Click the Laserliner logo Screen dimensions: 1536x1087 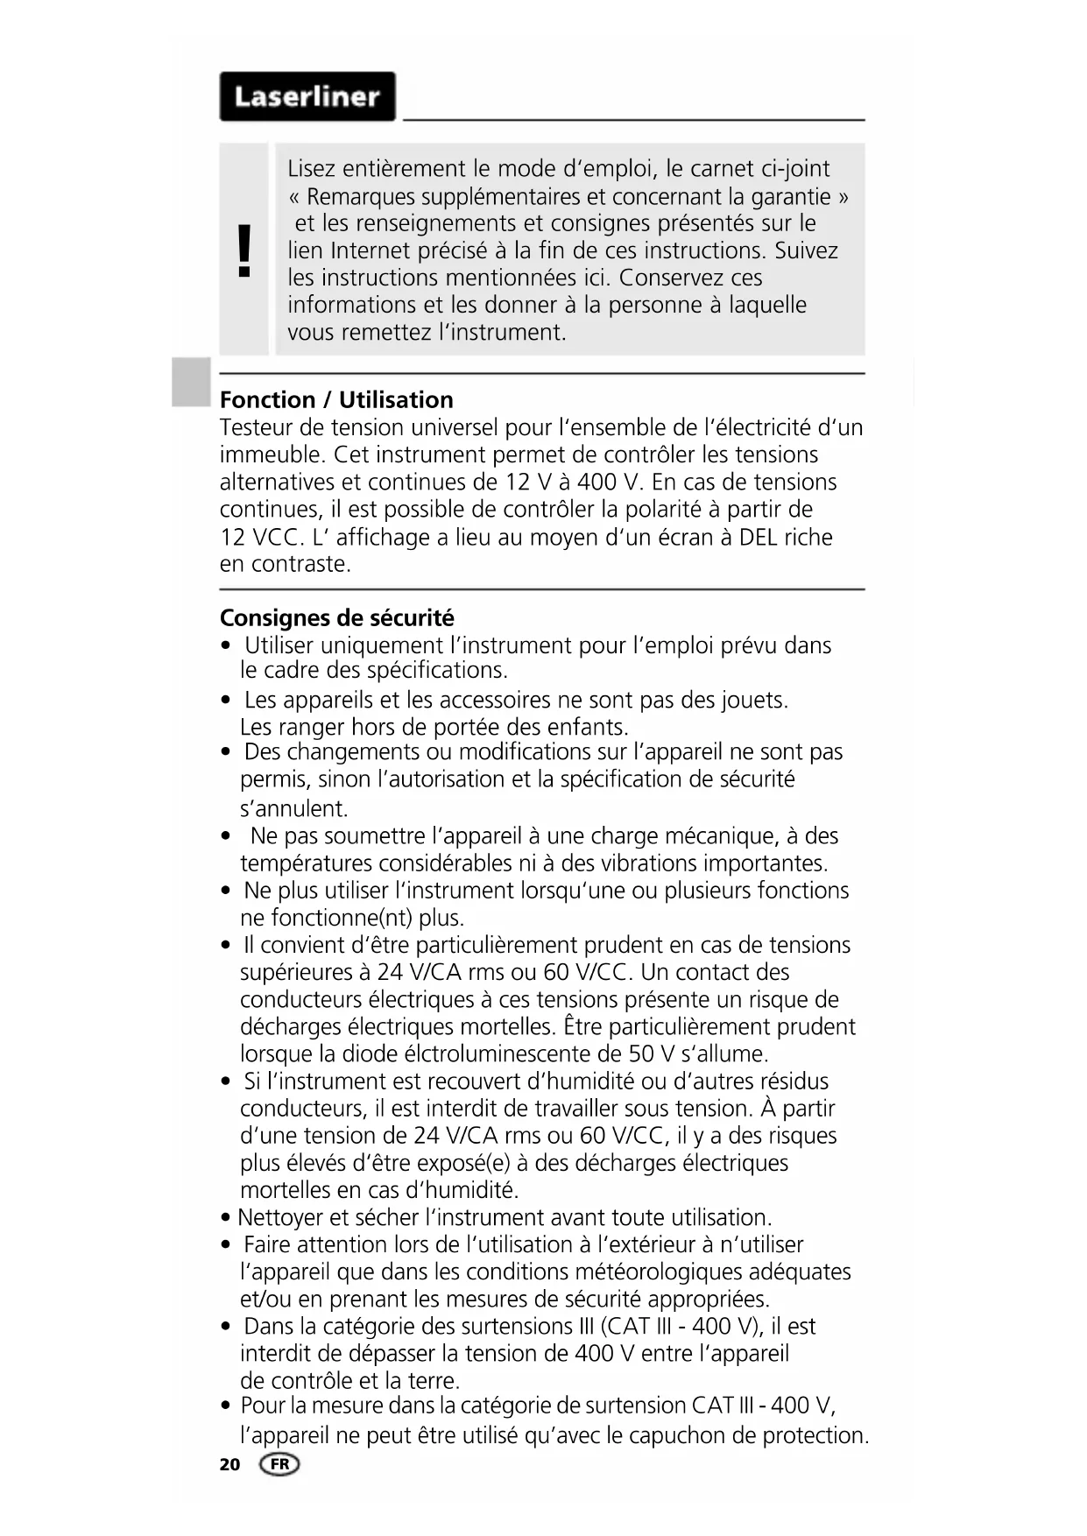(x=307, y=96)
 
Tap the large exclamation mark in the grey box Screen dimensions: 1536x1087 (x=244, y=250)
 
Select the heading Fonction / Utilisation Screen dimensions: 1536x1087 (x=336, y=400)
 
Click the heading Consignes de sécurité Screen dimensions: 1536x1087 (x=336, y=618)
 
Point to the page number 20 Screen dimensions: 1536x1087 (x=229, y=1464)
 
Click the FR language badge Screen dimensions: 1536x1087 (x=279, y=1464)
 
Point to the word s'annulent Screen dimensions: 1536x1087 (x=293, y=808)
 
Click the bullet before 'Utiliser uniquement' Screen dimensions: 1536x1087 (x=227, y=646)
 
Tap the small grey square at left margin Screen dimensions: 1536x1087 (x=191, y=382)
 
